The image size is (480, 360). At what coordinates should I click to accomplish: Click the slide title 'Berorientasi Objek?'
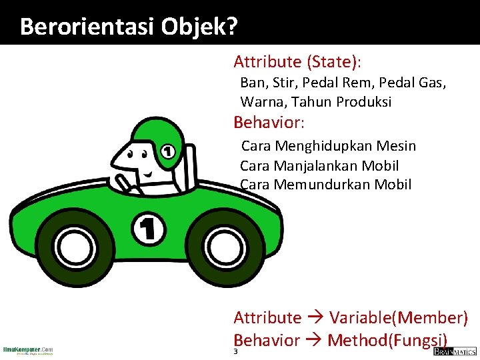coord(129,26)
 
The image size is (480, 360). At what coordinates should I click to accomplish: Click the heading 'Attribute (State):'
coord(297,63)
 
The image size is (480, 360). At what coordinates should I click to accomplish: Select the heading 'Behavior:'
coord(269,123)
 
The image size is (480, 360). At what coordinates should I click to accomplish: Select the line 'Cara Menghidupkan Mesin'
coord(328,146)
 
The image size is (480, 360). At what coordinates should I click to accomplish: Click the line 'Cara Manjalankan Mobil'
coord(319,165)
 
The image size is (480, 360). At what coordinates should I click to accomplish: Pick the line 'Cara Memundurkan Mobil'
coord(325,185)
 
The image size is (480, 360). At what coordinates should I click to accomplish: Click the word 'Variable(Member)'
coord(399,318)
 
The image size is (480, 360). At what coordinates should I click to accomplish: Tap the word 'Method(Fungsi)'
coord(387,340)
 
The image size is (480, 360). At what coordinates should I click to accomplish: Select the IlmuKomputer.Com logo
coord(28,350)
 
